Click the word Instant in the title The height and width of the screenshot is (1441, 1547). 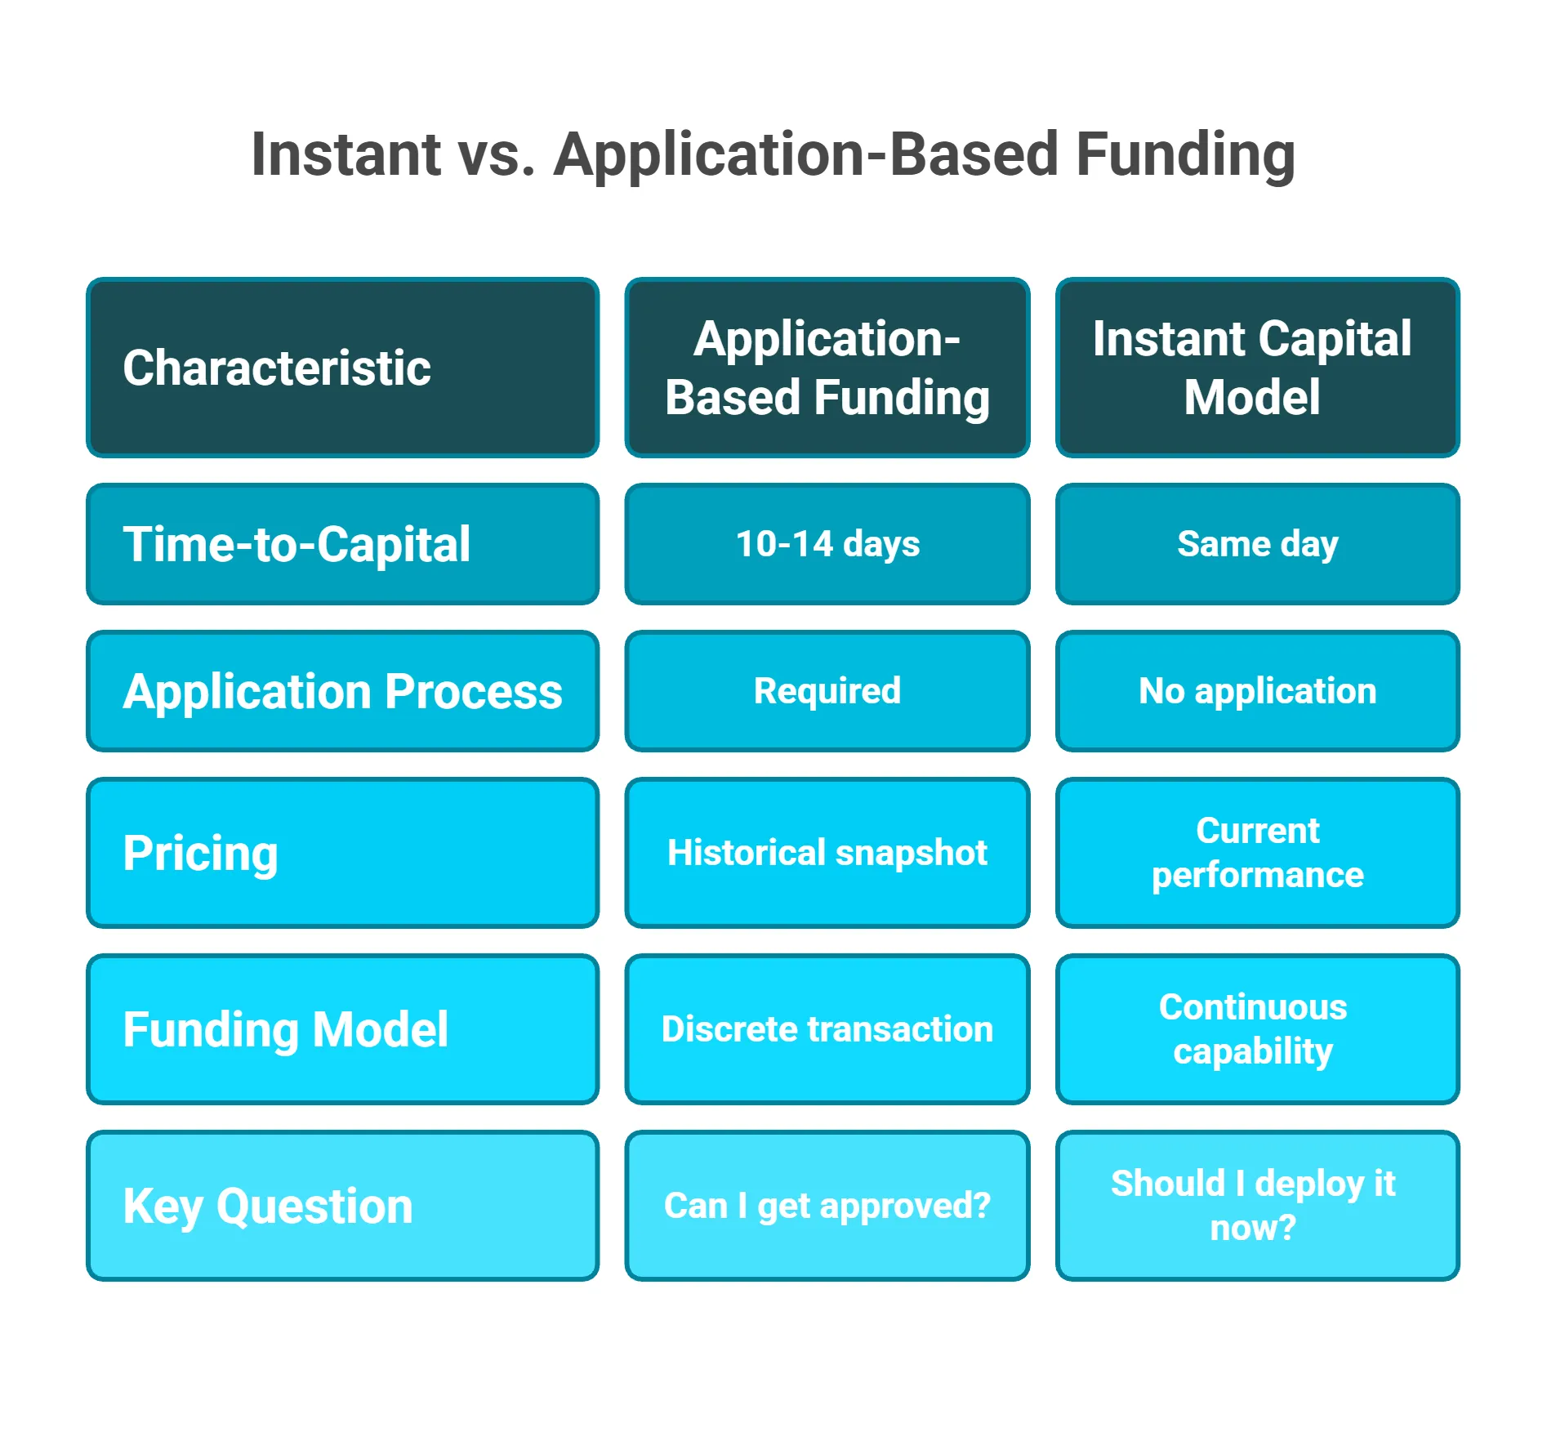tap(346, 154)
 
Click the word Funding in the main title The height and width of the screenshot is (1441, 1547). tap(1185, 154)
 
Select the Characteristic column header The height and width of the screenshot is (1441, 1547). tap(342, 368)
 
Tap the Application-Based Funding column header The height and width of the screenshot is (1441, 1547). tap(827, 368)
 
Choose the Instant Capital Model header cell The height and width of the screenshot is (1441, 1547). tap(1257, 368)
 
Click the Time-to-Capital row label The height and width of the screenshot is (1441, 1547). tap(342, 544)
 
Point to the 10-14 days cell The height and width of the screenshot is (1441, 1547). tap(827, 544)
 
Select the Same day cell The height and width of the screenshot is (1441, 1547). tap(1257, 544)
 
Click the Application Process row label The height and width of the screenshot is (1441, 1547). tap(342, 691)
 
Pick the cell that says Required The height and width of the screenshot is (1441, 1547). tap(827, 691)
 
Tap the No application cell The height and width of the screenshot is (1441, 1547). tap(1257, 691)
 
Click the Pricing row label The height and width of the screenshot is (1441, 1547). tap(342, 853)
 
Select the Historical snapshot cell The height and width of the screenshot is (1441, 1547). tap(827, 853)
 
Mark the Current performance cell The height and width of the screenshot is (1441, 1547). tap(1257, 853)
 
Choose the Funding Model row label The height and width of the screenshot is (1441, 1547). tap(342, 1029)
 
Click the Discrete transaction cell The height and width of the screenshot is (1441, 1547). tap(827, 1029)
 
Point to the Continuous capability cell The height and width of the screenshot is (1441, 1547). tap(1257, 1029)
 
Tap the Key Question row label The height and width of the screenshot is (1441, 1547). tap(342, 1206)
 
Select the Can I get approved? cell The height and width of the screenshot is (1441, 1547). tap(827, 1206)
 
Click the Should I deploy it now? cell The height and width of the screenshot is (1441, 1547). tap(1257, 1206)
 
